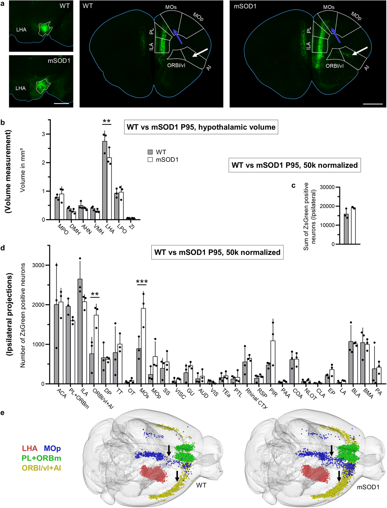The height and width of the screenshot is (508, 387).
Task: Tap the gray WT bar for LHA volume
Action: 105,180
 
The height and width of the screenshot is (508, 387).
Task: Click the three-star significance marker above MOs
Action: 142,282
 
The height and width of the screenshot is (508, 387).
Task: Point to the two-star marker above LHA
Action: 107,121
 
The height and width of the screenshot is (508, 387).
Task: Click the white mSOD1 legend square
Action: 150,160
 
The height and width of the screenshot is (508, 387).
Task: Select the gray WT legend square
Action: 150,152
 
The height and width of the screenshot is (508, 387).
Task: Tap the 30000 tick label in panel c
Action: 327,187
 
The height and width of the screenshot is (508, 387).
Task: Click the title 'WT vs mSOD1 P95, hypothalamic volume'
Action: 201,127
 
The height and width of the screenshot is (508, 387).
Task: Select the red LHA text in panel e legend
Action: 30,448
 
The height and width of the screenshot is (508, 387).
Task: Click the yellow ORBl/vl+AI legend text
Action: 41,468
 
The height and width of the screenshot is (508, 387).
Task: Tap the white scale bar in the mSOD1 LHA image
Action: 61,104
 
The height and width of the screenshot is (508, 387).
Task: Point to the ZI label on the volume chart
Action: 132,227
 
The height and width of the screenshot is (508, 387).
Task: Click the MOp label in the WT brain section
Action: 198,17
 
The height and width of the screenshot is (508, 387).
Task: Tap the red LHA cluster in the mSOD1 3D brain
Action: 315,475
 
